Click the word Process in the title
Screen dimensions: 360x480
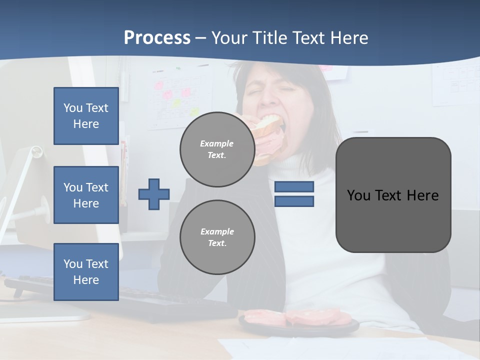point(157,38)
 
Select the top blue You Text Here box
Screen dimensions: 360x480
point(86,116)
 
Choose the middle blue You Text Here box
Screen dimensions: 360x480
point(86,195)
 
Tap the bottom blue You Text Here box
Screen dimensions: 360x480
point(86,272)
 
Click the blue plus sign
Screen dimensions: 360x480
point(154,194)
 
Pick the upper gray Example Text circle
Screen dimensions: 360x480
point(217,149)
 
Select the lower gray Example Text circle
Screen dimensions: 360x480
point(217,237)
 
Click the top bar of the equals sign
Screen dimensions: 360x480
point(294,186)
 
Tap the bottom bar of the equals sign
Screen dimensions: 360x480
point(294,201)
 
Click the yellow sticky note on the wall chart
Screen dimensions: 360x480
point(176,102)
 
